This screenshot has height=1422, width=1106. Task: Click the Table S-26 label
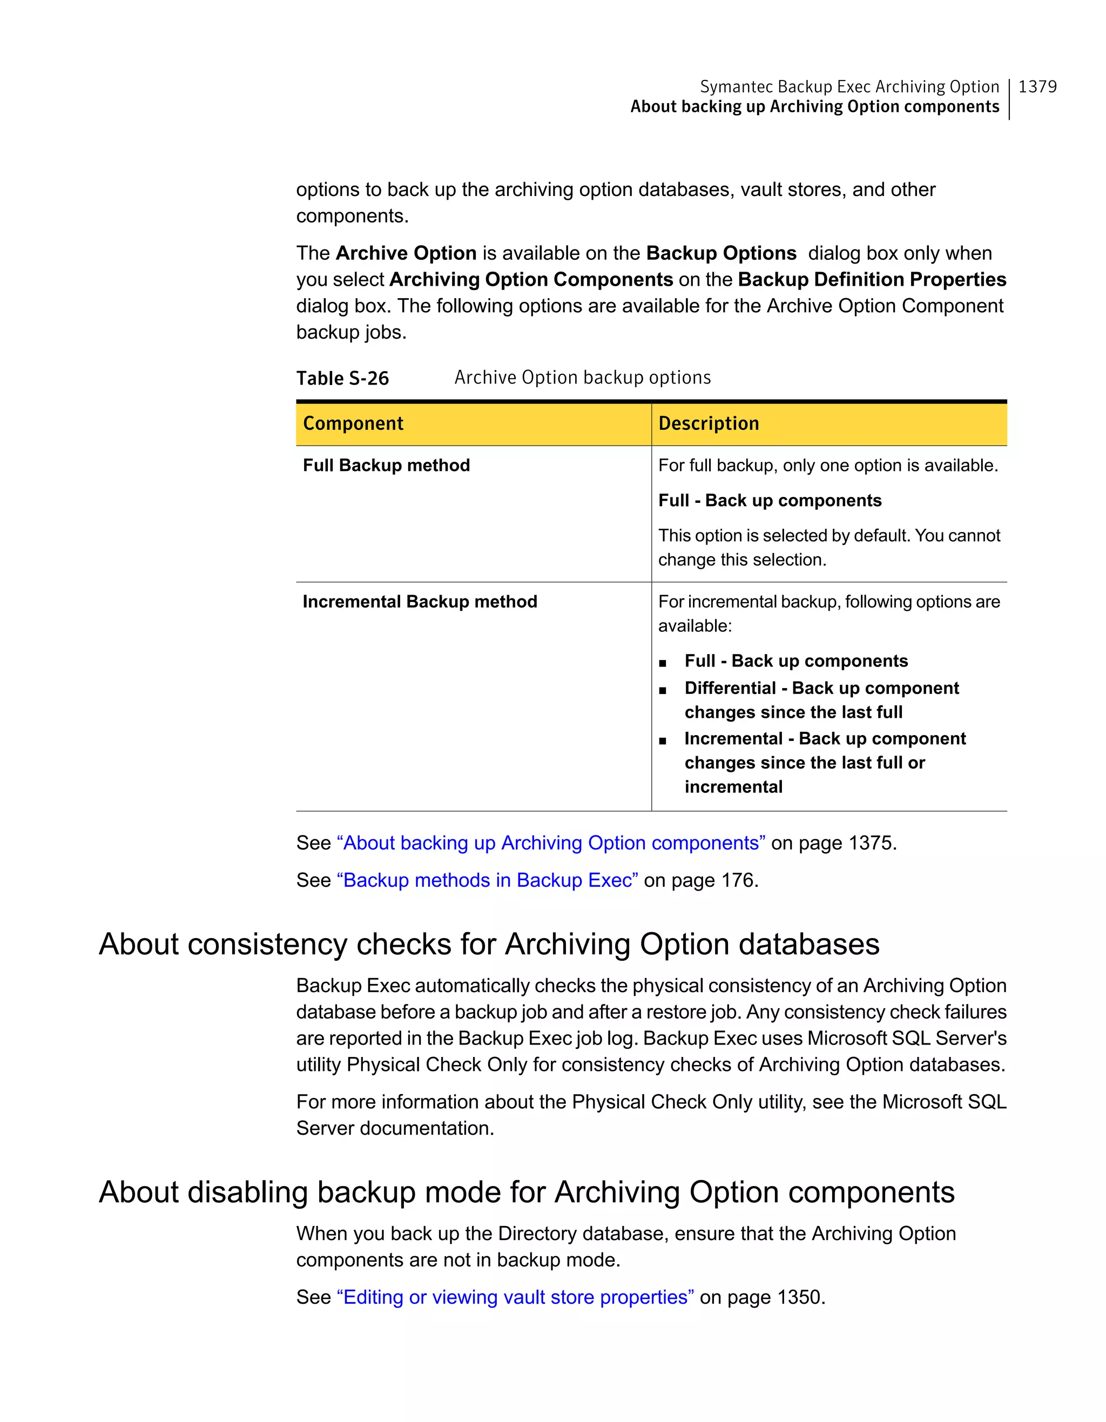342,378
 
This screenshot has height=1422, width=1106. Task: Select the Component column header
353,423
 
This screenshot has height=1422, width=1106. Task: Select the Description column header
708,423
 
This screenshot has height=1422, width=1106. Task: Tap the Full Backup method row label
386,466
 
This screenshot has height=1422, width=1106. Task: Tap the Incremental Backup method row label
420,602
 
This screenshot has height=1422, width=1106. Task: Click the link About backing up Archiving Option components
551,843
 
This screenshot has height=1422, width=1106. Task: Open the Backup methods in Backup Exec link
487,880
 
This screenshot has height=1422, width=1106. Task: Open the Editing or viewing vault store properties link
515,1297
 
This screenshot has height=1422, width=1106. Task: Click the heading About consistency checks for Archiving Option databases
489,944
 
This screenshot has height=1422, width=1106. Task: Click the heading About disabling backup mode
526,1192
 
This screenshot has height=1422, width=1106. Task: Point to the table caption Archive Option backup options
582,378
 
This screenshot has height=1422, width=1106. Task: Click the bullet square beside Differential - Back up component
663,690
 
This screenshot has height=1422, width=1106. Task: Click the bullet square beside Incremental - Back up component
663,740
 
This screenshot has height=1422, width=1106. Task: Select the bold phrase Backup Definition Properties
872,279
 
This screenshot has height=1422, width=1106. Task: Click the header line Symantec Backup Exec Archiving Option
849,86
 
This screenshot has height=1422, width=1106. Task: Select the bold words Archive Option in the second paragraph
406,253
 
